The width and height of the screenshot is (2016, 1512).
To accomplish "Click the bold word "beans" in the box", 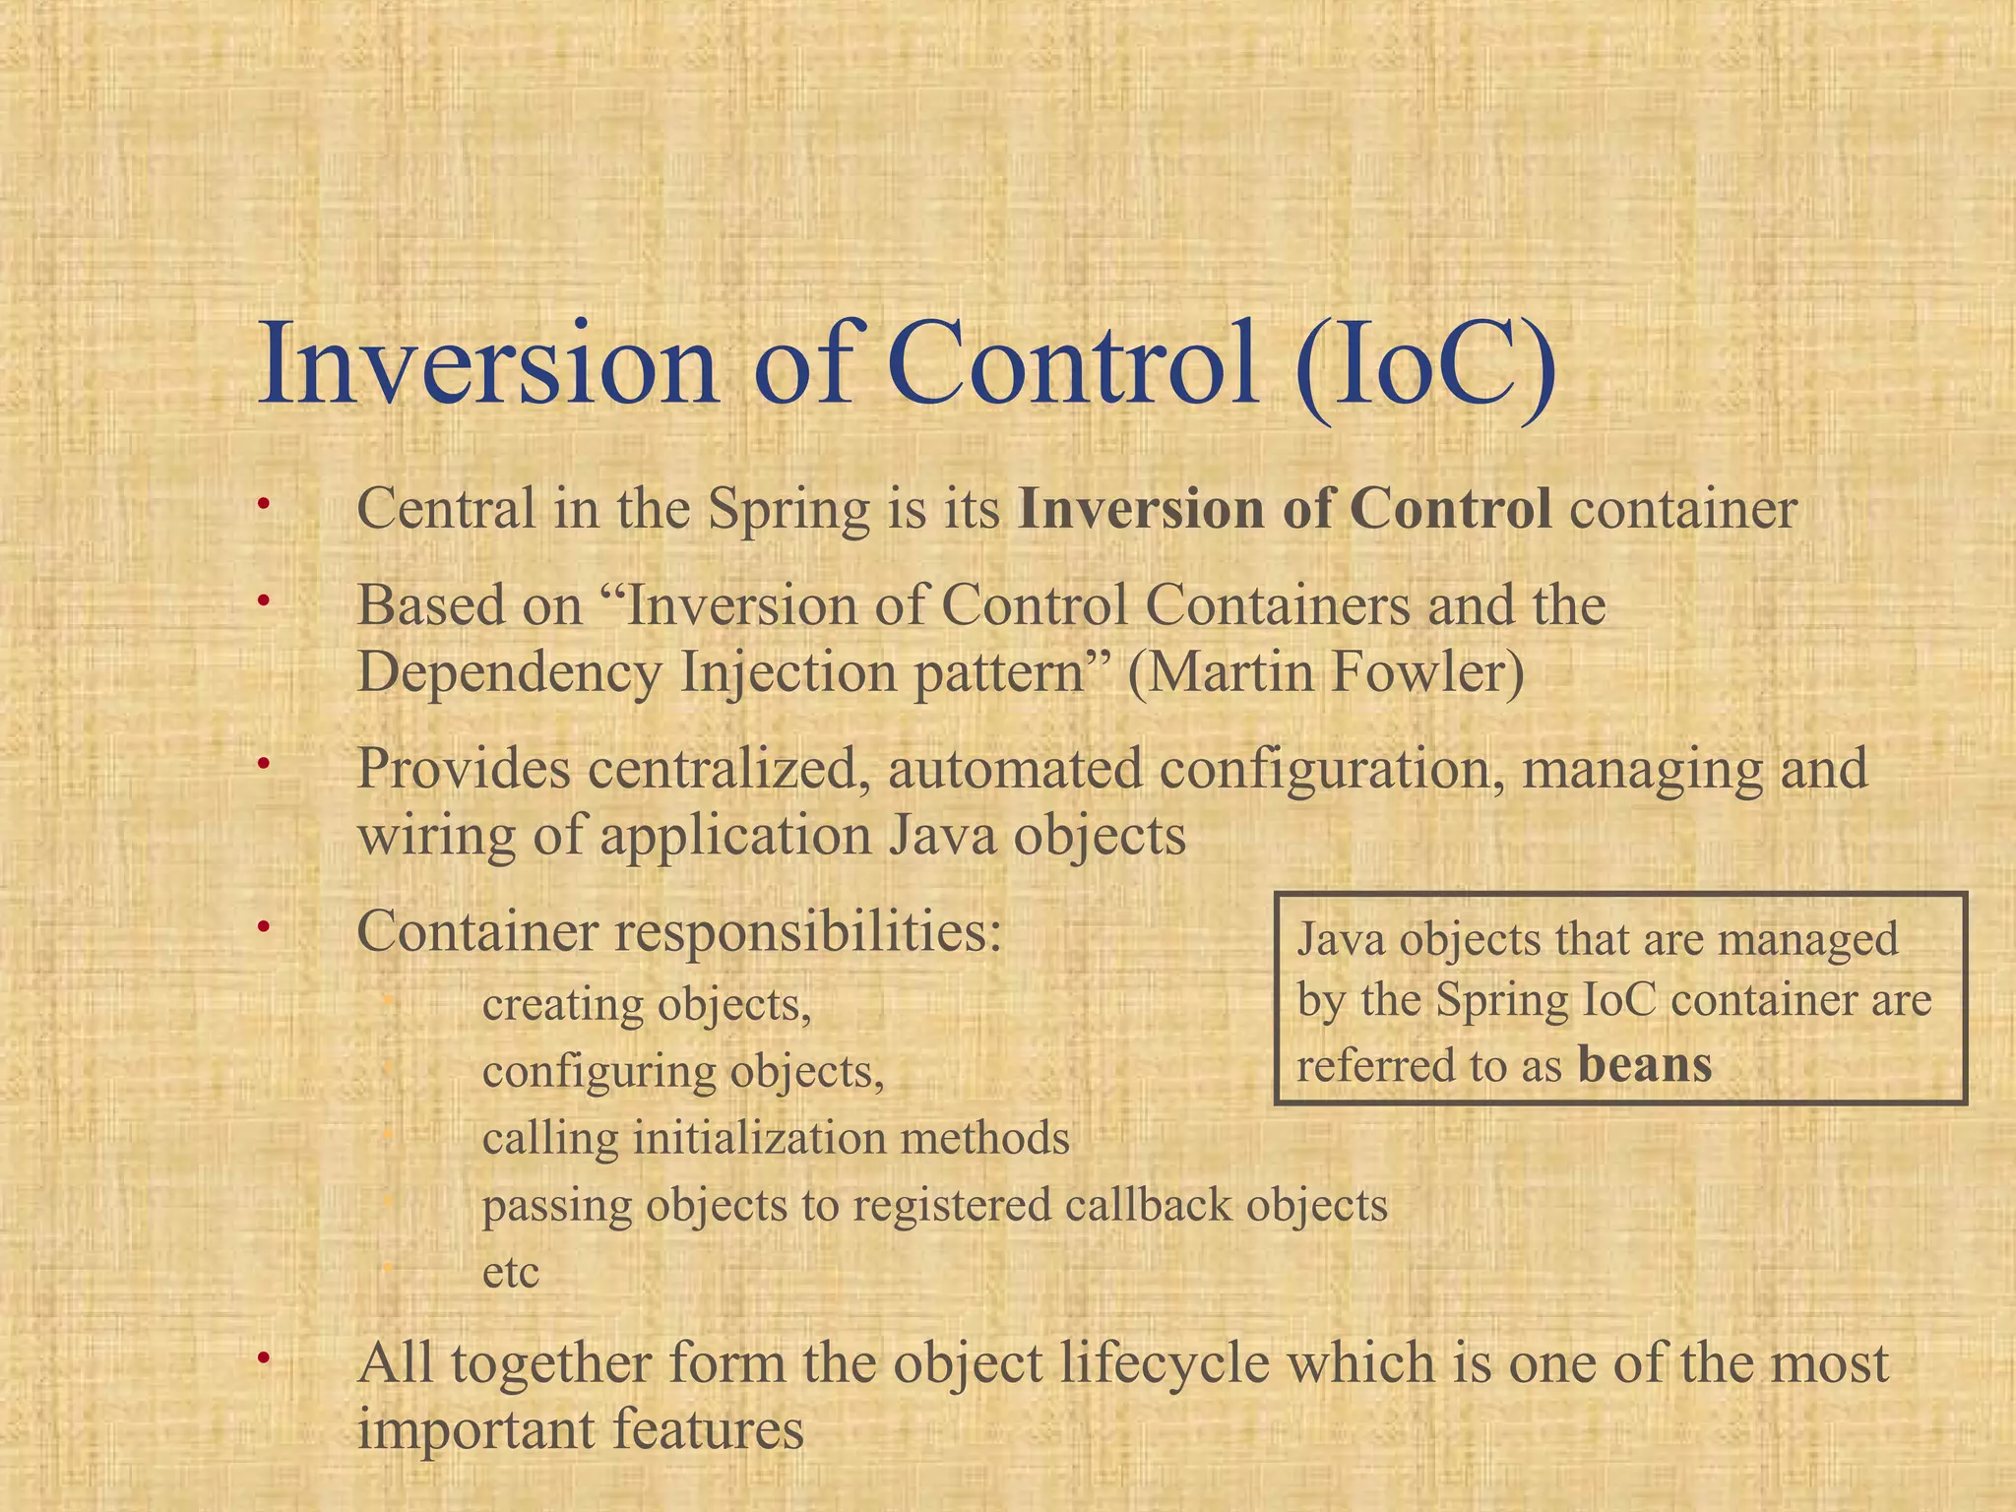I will (x=1645, y=1064).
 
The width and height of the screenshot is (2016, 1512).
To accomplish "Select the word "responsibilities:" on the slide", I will (x=808, y=931).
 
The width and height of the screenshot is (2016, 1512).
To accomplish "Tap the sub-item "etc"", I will (x=511, y=1272).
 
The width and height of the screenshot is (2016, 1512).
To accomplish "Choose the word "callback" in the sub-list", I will (x=1147, y=1205).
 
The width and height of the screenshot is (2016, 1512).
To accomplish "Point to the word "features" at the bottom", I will (x=708, y=1429).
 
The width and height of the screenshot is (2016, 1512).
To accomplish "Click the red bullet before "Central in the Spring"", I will (x=263, y=506).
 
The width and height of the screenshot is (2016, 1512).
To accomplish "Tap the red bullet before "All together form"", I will (x=263, y=1359).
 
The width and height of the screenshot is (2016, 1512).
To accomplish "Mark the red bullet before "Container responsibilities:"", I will (x=263, y=927).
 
